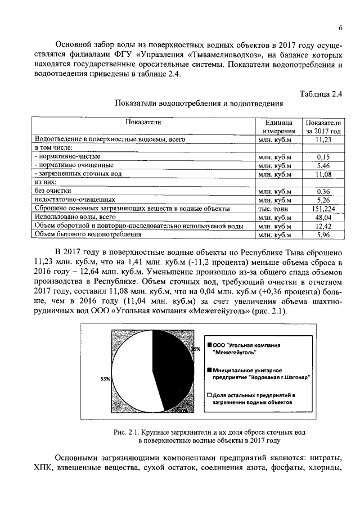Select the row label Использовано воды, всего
(x=75, y=217)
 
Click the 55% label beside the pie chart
(x=105, y=379)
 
